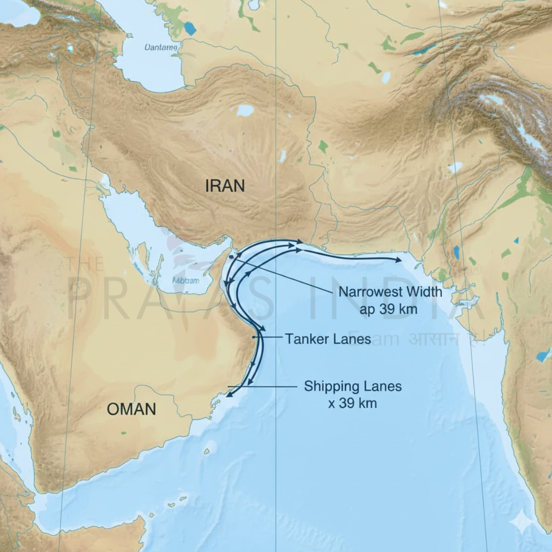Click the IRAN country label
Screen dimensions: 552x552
[x=225, y=186]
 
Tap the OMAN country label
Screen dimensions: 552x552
[x=132, y=408]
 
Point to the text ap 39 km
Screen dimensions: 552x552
[x=389, y=309]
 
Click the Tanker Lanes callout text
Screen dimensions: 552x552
[x=328, y=339]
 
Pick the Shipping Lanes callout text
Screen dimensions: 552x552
[x=353, y=386]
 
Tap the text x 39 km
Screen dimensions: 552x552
[x=352, y=403]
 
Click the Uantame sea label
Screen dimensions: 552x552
[x=161, y=47]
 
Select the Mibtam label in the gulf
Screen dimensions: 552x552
[x=185, y=280]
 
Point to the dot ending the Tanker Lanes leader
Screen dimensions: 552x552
[x=254, y=338]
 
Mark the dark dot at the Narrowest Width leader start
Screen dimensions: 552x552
[x=230, y=253]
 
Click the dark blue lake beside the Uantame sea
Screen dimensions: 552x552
[x=189, y=29]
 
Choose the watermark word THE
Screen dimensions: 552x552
[x=86, y=264]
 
